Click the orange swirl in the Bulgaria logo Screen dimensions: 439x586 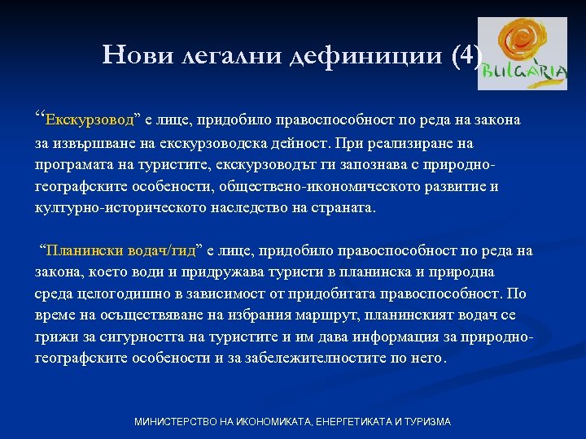pyautogui.click(x=520, y=41)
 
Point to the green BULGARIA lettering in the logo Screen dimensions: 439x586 pyautogui.click(x=524, y=72)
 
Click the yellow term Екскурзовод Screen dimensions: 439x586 pyautogui.click(x=90, y=121)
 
